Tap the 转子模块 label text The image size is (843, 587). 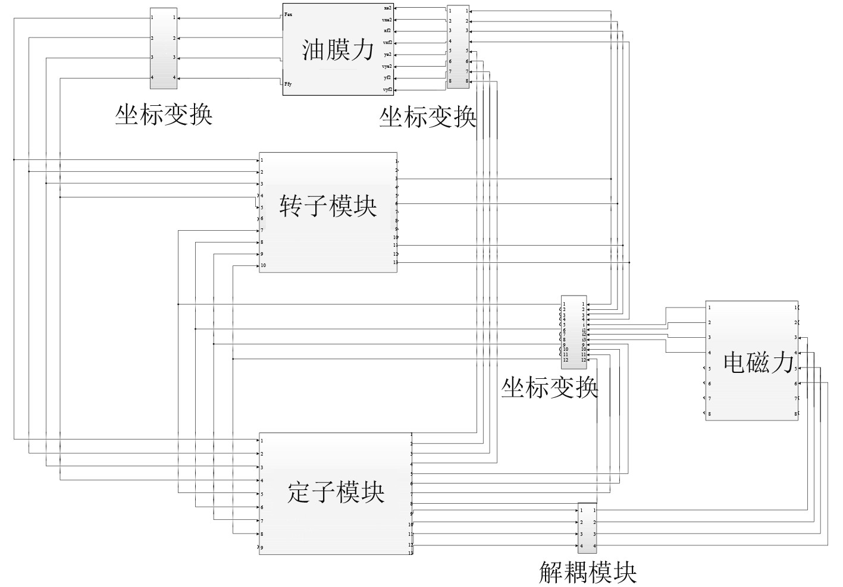tap(328, 206)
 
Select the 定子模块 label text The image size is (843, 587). tap(336, 492)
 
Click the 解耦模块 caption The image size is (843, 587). tap(588, 572)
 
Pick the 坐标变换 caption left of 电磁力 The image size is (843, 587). tap(549, 388)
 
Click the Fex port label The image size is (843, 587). tap(289, 14)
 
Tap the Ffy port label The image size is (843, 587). tap(289, 84)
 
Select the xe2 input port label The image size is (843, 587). tap(387, 8)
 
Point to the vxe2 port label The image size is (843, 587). tap(387, 20)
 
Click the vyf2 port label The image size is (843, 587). tap(387, 90)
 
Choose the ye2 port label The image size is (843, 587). tap(387, 55)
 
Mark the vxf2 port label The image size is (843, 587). tap(387, 43)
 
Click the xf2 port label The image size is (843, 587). tap(387, 31)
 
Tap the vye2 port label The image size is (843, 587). tap(387, 67)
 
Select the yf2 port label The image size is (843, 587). tap(387, 78)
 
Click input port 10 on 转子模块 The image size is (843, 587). tap(263, 265)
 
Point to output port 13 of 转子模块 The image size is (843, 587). tap(395, 262)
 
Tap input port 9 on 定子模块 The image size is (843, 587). tap(262, 547)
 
